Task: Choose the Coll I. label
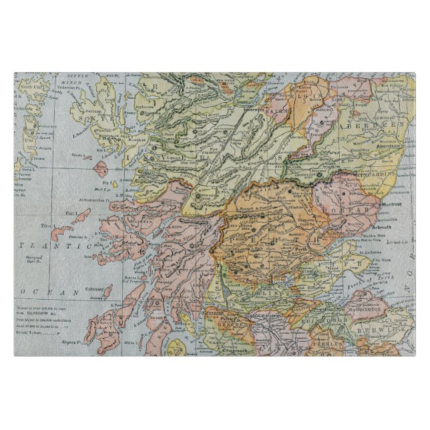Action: coord(81,211)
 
